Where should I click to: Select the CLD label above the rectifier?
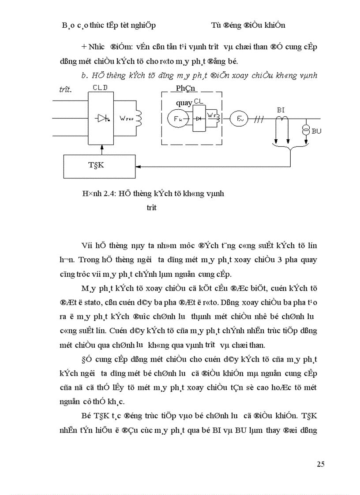pos(101,87)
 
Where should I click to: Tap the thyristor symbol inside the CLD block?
pos(101,118)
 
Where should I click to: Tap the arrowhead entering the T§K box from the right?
pos(138,167)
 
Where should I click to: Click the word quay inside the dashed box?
pos(184,103)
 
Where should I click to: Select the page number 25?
pos(321,464)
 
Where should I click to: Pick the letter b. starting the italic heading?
pos(84,76)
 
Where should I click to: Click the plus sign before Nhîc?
pos(84,47)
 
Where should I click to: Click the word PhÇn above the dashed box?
pos(185,88)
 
